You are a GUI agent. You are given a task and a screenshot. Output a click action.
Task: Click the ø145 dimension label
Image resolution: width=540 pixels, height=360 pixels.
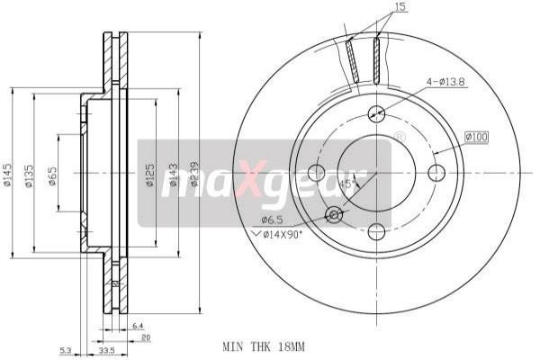(8, 174)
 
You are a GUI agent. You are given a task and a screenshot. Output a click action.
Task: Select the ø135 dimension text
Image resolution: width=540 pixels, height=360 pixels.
(31, 174)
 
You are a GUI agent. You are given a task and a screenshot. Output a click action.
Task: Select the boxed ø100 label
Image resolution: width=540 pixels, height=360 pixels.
(476, 136)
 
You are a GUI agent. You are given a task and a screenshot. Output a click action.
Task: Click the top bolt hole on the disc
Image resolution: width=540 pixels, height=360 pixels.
(376, 113)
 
